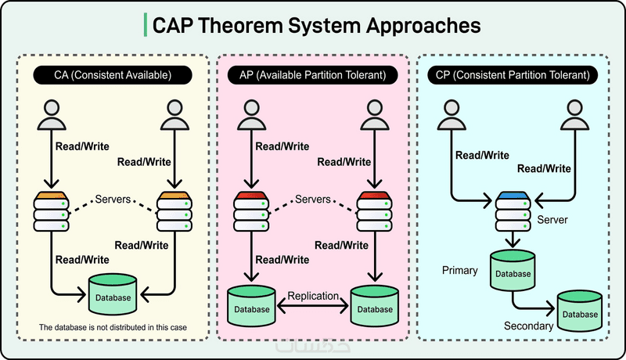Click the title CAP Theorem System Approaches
point(316,26)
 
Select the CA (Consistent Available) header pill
point(113,75)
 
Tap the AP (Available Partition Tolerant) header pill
point(313,75)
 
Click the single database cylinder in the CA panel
point(113,293)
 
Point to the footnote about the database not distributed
point(113,326)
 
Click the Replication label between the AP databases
point(312,296)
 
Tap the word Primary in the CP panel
point(459,271)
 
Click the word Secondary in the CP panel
point(529,325)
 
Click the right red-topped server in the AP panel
point(374,212)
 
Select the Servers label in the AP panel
point(312,200)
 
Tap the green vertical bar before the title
point(146,25)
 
